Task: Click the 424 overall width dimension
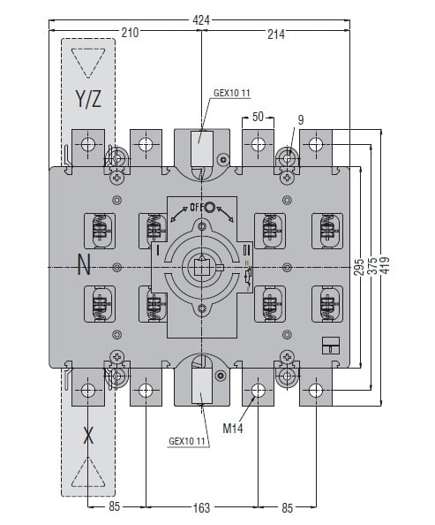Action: pyautogui.click(x=201, y=20)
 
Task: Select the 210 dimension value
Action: pyautogui.click(x=130, y=33)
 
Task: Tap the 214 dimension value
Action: pyautogui.click(x=276, y=34)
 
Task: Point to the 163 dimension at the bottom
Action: pyautogui.click(x=201, y=507)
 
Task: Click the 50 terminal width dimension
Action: pyautogui.click(x=258, y=117)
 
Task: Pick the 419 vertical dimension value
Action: pyautogui.click(x=385, y=265)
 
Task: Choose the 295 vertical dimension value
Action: pyautogui.click(x=359, y=267)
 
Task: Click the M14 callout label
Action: pyautogui.click(x=233, y=428)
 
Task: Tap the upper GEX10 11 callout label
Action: pyautogui.click(x=232, y=93)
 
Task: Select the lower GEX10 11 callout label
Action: pyautogui.click(x=186, y=441)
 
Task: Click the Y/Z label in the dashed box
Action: pyautogui.click(x=88, y=99)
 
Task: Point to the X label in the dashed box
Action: pyautogui.click(x=88, y=436)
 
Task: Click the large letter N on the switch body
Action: pyautogui.click(x=84, y=264)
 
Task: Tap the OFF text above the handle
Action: pyautogui.click(x=197, y=208)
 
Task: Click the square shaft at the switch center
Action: pyautogui.click(x=201, y=267)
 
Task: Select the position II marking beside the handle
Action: pyautogui.click(x=247, y=249)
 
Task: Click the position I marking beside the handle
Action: pyautogui.click(x=157, y=250)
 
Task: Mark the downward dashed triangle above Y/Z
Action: pyautogui.click(x=88, y=63)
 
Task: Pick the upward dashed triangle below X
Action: pyautogui.click(x=88, y=472)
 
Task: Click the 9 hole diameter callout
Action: pyautogui.click(x=301, y=120)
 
